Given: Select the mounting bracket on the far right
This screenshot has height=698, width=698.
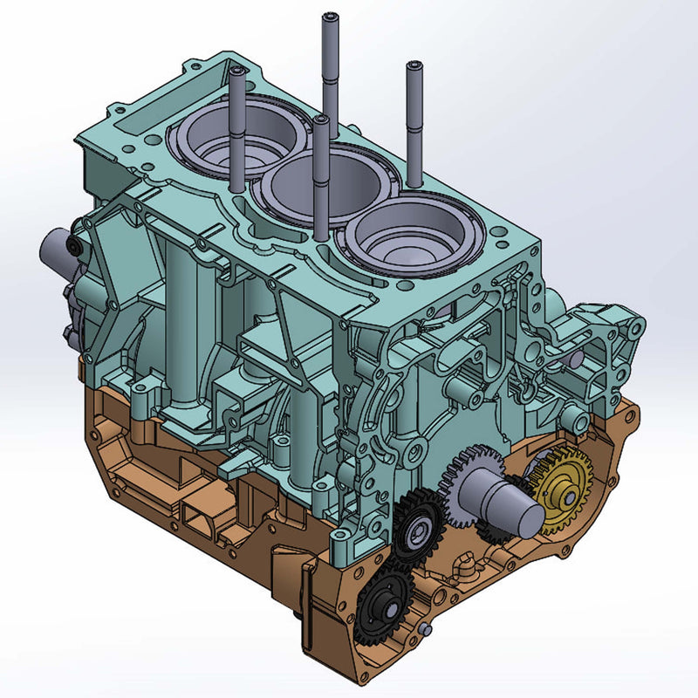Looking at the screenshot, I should coord(606,349).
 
